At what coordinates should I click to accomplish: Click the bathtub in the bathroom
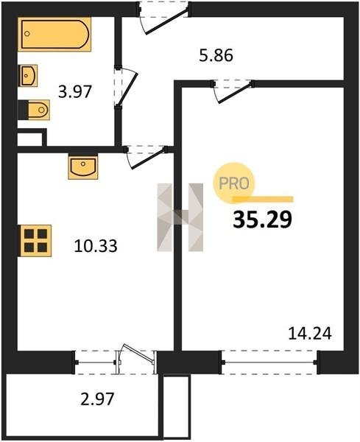(54, 34)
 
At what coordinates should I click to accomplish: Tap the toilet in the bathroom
(39, 110)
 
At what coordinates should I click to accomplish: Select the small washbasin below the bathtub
(28, 75)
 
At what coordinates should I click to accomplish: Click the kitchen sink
(82, 167)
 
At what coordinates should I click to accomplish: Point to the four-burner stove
(35, 240)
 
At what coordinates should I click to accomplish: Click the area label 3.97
(75, 92)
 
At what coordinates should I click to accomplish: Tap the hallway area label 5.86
(216, 55)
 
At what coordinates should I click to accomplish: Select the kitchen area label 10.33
(96, 245)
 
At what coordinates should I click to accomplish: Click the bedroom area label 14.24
(310, 334)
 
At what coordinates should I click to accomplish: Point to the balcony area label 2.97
(97, 399)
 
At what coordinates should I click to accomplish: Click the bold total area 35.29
(262, 220)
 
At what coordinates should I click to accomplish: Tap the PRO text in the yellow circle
(234, 183)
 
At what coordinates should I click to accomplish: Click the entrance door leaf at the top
(166, 22)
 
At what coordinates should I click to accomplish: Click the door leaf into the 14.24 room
(235, 94)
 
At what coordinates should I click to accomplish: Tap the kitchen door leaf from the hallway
(148, 159)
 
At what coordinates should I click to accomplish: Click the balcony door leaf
(138, 353)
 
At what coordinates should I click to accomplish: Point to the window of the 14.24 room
(269, 362)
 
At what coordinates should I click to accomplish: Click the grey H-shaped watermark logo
(180, 217)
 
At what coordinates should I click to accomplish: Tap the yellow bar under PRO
(263, 200)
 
